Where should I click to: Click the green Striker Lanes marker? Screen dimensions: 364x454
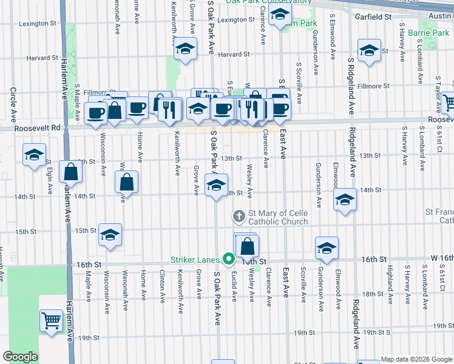click(x=229, y=259)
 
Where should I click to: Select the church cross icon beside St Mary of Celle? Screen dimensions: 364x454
click(x=239, y=215)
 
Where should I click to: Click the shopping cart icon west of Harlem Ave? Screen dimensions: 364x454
click(x=51, y=320)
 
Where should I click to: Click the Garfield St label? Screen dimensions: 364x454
click(x=373, y=17)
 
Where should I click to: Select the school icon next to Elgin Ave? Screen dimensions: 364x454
click(x=35, y=154)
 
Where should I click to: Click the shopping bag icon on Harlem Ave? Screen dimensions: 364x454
click(x=72, y=172)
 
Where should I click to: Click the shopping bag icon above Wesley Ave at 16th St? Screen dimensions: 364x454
click(x=248, y=246)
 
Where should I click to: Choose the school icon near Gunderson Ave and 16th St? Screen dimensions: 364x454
click(x=327, y=248)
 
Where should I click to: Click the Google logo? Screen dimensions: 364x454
click(x=21, y=357)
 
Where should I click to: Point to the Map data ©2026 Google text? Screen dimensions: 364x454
click(x=415, y=359)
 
